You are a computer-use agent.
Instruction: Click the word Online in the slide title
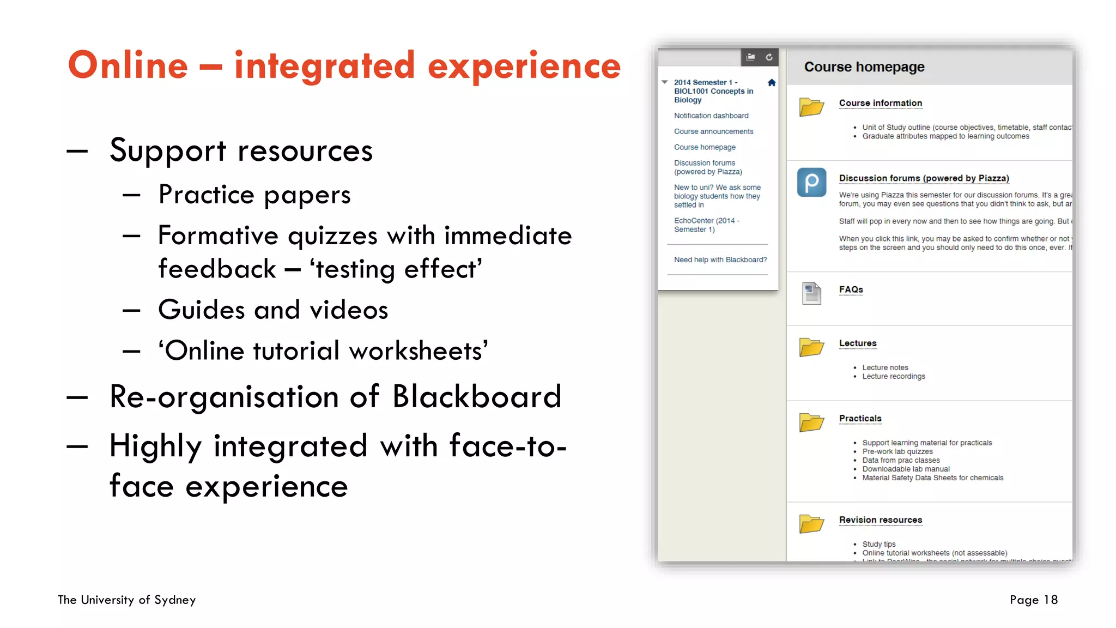pos(128,65)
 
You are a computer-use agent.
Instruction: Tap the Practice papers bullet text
pos(254,195)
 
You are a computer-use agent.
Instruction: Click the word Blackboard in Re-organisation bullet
pos(477,396)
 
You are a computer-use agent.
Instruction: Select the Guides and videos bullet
pos(273,310)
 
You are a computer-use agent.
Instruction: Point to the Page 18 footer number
pos(1033,600)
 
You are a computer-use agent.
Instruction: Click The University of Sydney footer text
pos(127,600)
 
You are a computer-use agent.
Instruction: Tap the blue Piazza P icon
pos(811,182)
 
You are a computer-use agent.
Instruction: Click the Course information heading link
pos(880,103)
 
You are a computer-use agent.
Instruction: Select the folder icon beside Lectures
pos(811,347)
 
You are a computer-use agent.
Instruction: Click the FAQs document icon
pos(811,293)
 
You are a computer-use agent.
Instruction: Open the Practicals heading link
pos(860,418)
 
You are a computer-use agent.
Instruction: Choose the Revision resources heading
pos(880,520)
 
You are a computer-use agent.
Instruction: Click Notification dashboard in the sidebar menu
pos(711,116)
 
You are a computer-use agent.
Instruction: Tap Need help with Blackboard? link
pos(720,259)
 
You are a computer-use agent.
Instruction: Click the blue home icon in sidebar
pos(772,83)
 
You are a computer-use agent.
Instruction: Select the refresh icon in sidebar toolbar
pos(769,57)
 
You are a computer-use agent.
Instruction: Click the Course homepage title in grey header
pos(864,67)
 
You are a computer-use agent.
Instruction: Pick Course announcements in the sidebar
pos(713,131)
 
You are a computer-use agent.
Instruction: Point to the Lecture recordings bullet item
pos(893,376)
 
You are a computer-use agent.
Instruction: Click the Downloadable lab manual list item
pos(906,469)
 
